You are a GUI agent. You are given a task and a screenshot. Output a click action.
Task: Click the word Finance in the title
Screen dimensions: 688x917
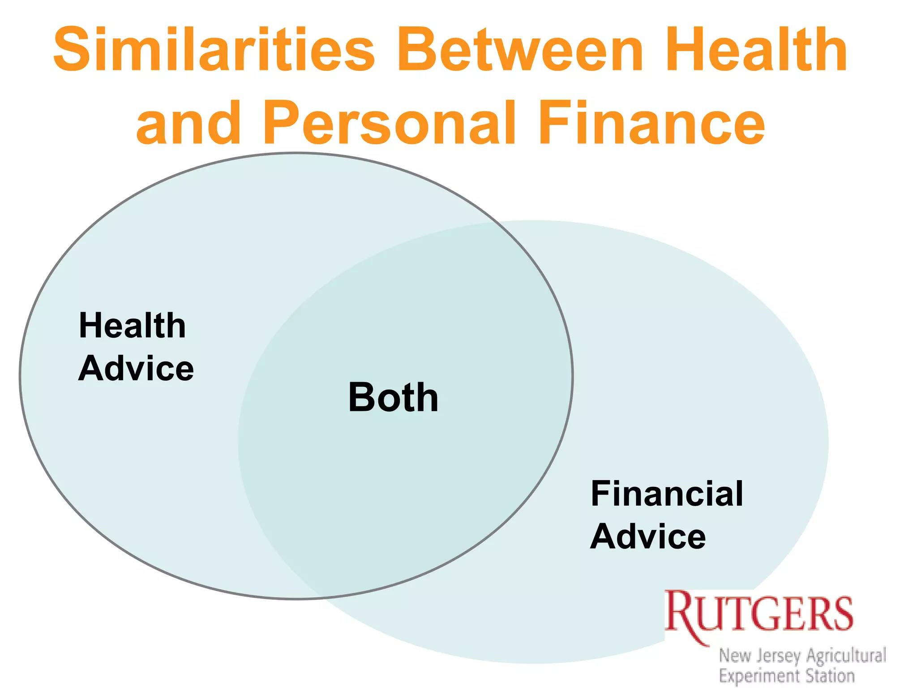pos(651,123)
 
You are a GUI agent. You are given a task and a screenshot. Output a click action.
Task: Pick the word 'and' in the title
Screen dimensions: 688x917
pos(189,123)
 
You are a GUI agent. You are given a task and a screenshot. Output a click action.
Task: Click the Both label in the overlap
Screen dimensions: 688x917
pos(393,397)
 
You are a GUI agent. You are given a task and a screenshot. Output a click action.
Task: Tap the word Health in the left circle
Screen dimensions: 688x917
pos(132,326)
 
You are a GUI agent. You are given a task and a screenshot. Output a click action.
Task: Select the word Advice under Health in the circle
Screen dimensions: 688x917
pos(136,369)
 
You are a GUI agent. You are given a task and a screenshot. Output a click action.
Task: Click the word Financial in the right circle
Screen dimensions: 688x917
pos(667,494)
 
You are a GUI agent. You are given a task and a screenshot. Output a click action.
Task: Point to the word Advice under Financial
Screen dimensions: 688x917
pos(648,537)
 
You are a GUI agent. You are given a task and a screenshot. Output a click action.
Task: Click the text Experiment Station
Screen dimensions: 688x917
pos(787,675)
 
